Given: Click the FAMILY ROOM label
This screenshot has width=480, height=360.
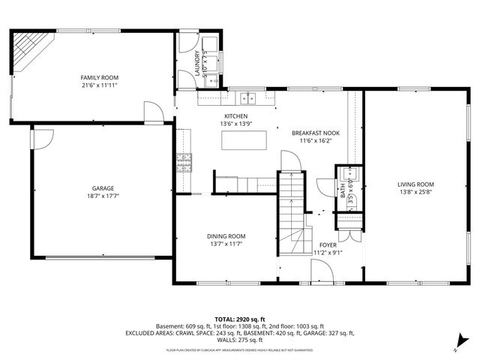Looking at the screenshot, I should tap(100, 77).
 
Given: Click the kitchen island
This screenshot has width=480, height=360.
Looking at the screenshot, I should tap(244, 139).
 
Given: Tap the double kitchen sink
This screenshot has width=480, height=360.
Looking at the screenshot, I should tap(247, 97).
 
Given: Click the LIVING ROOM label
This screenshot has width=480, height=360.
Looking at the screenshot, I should tap(415, 184).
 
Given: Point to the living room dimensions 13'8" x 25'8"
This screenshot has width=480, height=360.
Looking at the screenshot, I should tap(415, 193).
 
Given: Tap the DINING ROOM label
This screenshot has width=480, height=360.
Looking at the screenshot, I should tap(226, 235).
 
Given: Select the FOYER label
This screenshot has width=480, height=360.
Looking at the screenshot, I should tap(328, 244).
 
